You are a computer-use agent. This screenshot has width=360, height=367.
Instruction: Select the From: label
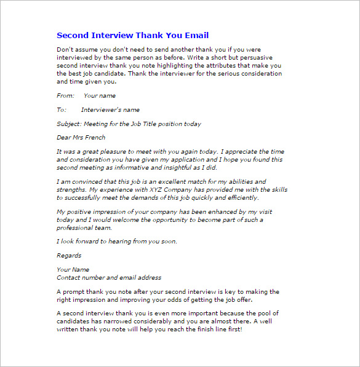65,96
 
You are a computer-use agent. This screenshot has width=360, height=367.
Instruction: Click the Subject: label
69,124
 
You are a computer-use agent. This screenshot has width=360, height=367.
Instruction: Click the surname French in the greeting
94,138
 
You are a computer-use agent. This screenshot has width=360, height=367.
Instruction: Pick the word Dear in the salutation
65,138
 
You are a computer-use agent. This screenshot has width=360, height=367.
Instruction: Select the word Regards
69,256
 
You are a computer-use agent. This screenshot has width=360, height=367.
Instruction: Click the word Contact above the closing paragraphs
69,277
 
